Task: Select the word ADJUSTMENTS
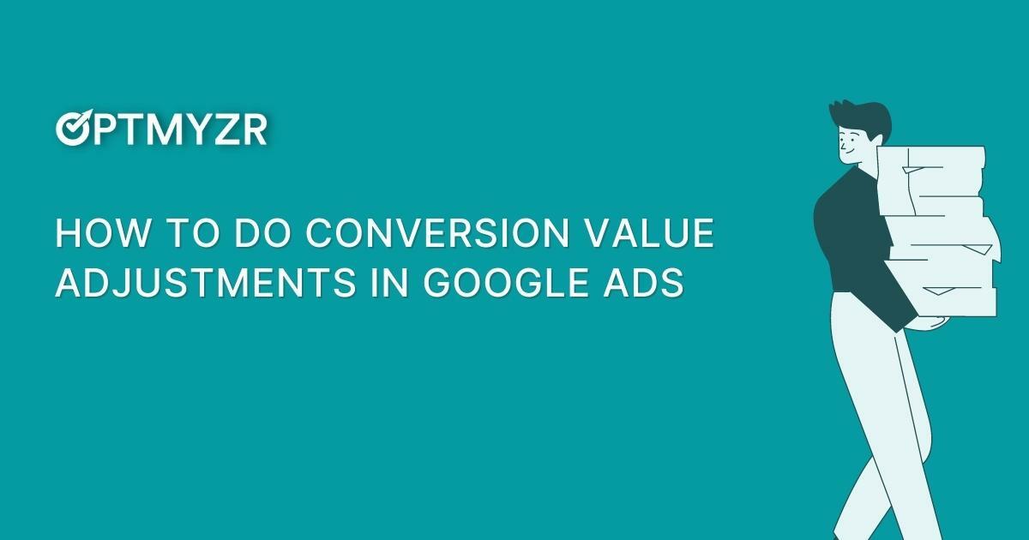204,283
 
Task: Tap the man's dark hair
857,116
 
